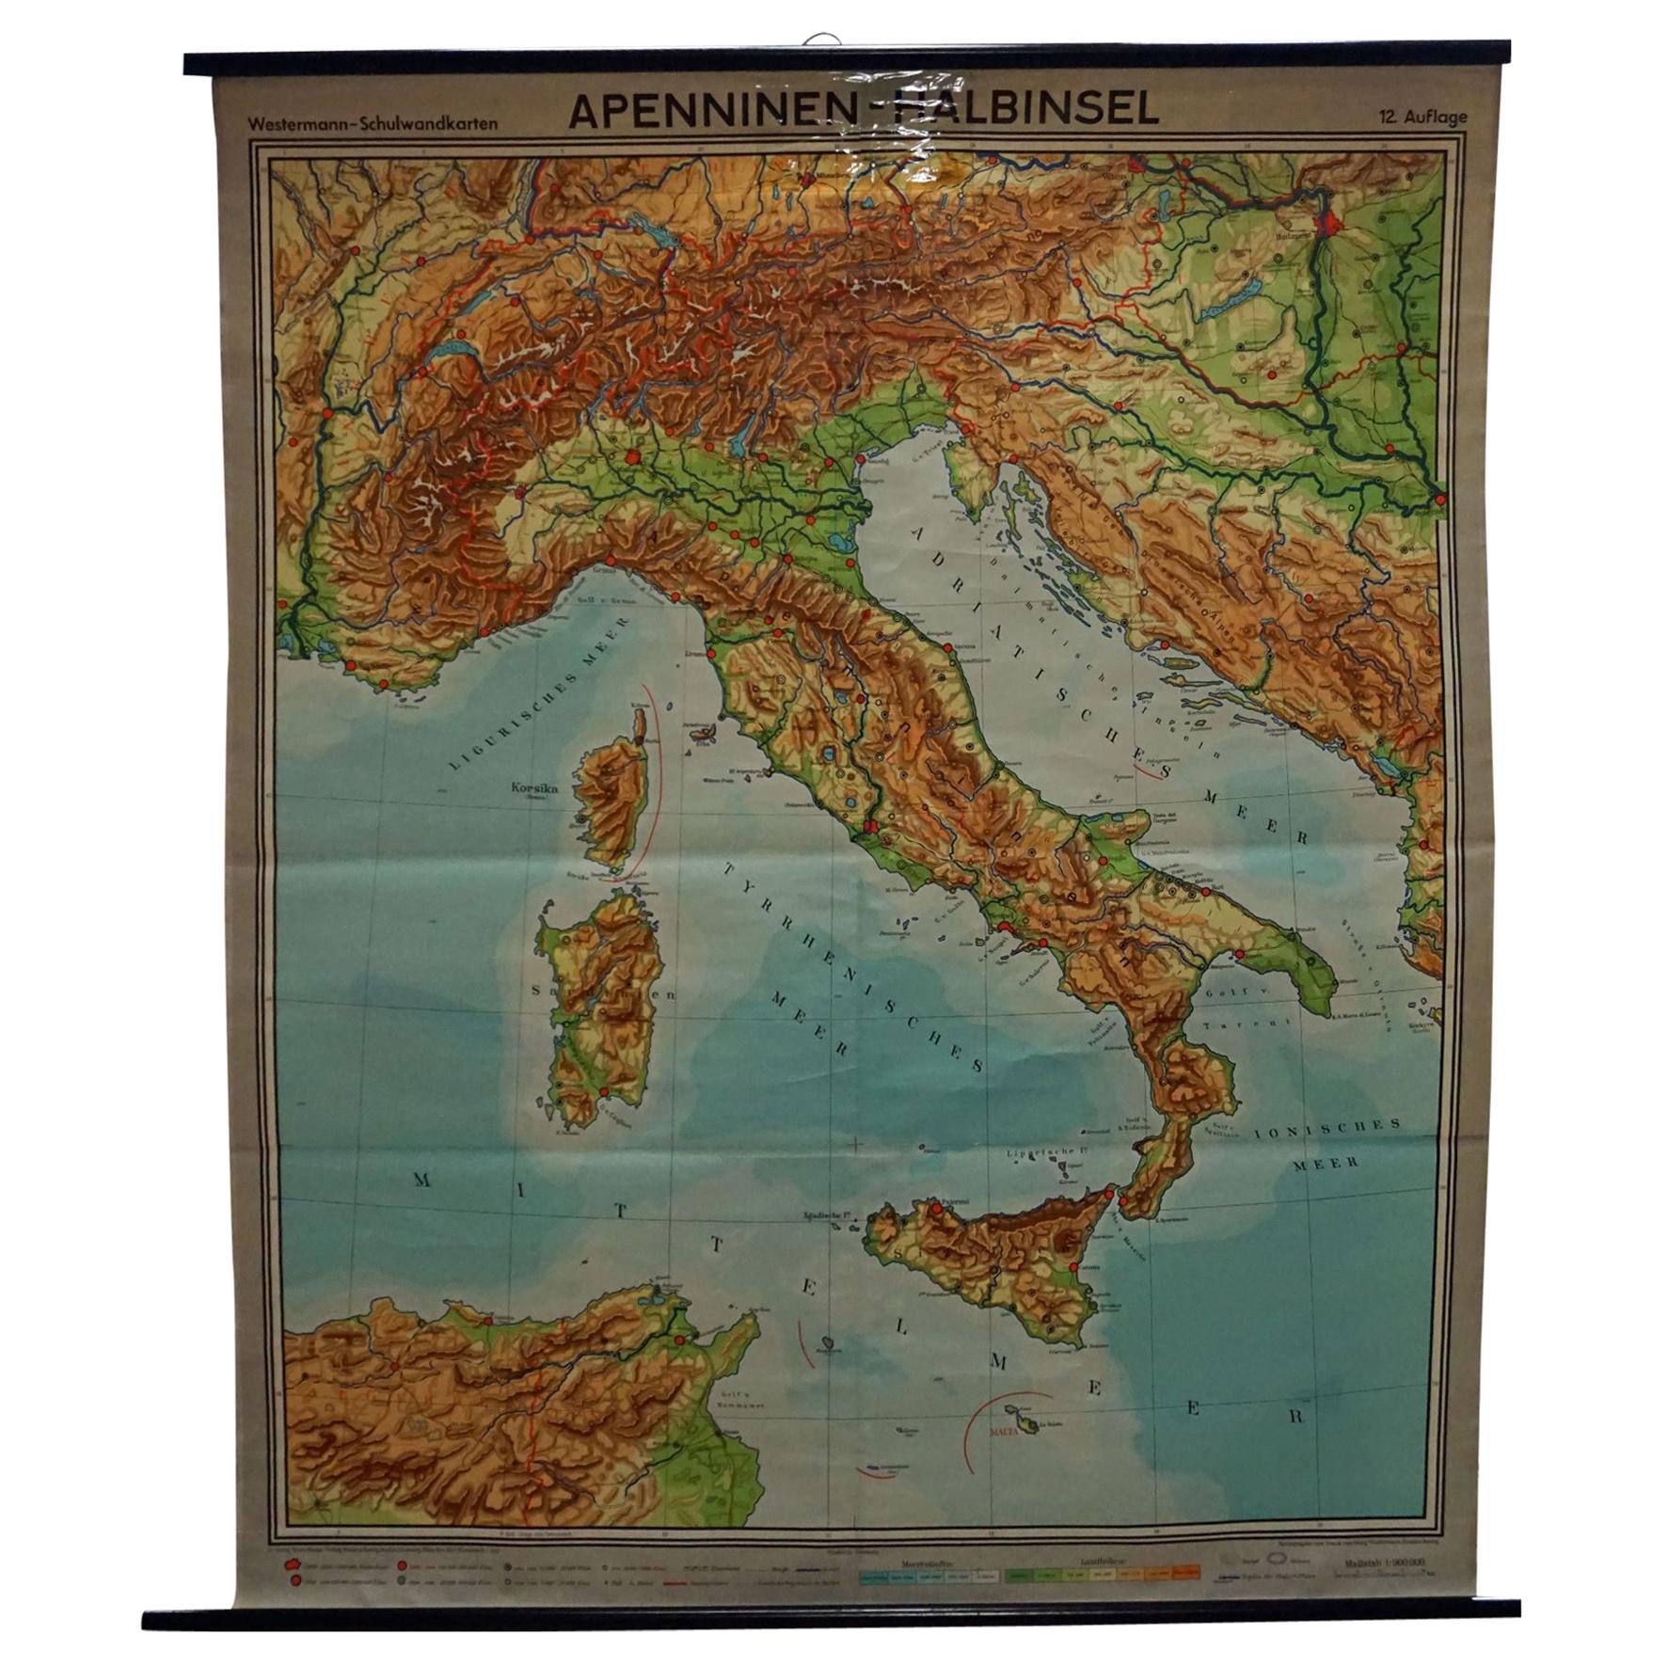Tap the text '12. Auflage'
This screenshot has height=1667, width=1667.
(1423, 118)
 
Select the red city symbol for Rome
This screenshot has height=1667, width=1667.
(870, 828)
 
